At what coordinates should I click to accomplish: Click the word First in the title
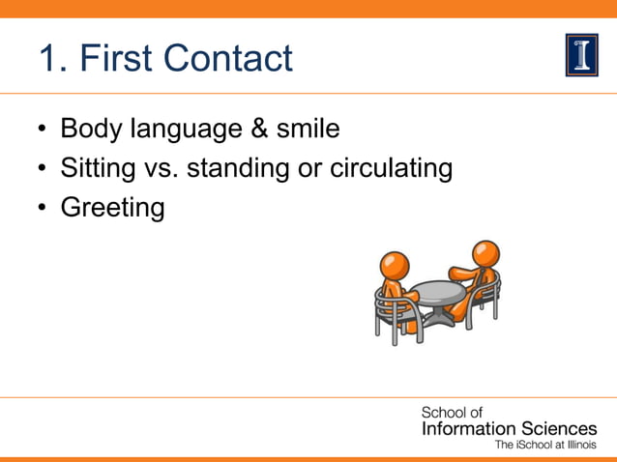[117, 59]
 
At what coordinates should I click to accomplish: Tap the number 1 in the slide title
[50, 59]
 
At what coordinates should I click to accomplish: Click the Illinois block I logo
[581, 55]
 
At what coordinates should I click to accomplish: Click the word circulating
[392, 168]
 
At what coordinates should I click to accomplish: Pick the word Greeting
[112, 208]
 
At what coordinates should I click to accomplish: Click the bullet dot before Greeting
[44, 208]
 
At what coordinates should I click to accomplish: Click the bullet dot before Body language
[44, 130]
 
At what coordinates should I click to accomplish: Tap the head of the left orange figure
[395, 265]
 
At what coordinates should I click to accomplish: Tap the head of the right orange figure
[485, 253]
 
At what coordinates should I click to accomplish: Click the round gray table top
[438, 290]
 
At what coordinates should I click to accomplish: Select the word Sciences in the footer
[559, 428]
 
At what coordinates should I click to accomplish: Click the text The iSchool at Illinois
[545, 445]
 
